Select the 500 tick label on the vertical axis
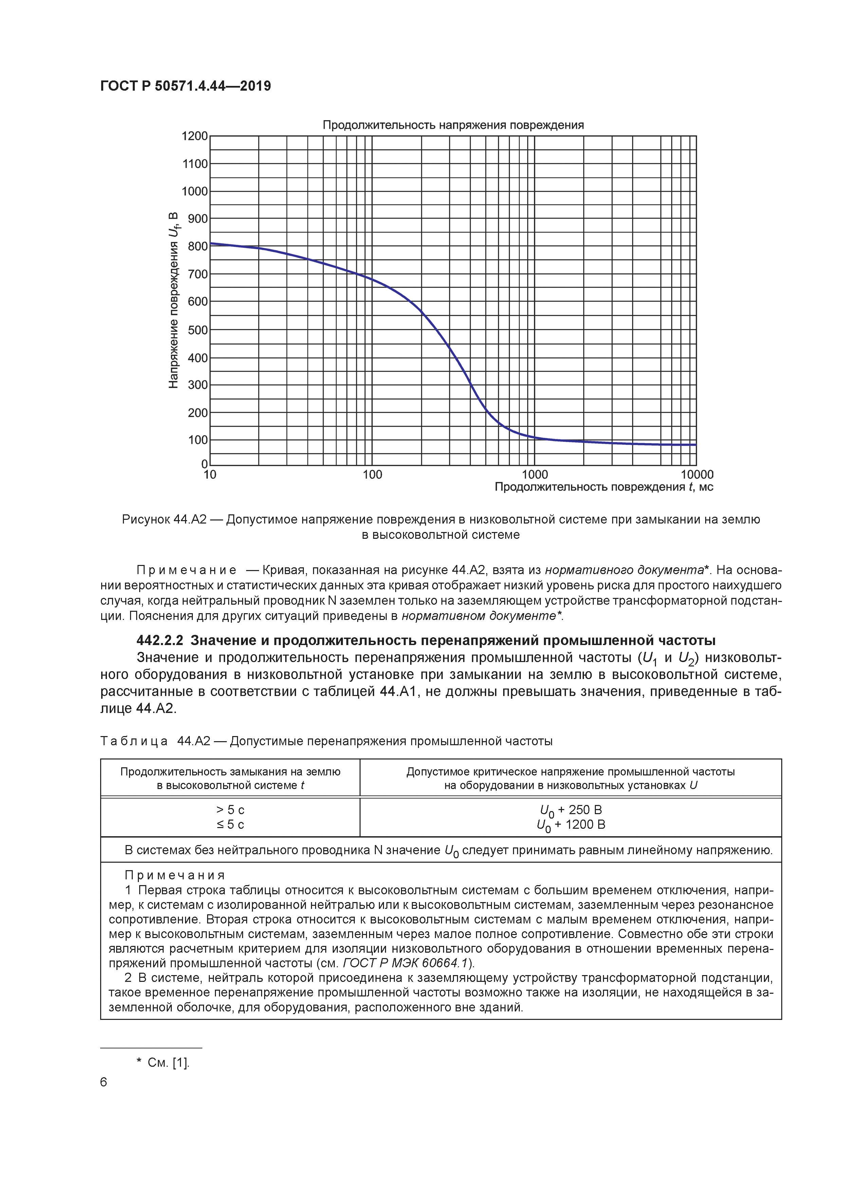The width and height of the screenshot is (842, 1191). click(x=197, y=330)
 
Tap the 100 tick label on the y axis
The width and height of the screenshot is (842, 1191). click(x=197, y=440)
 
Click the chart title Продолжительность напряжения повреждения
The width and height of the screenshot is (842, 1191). click(x=453, y=125)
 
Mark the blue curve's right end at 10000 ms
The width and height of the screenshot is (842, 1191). click(x=695, y=444)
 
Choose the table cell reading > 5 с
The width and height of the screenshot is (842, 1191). click(x=230, y=810)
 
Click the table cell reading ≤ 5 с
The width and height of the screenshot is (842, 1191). click(x=230, y=825)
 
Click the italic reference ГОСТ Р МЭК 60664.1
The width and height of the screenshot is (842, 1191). click(x=406, y=963)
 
